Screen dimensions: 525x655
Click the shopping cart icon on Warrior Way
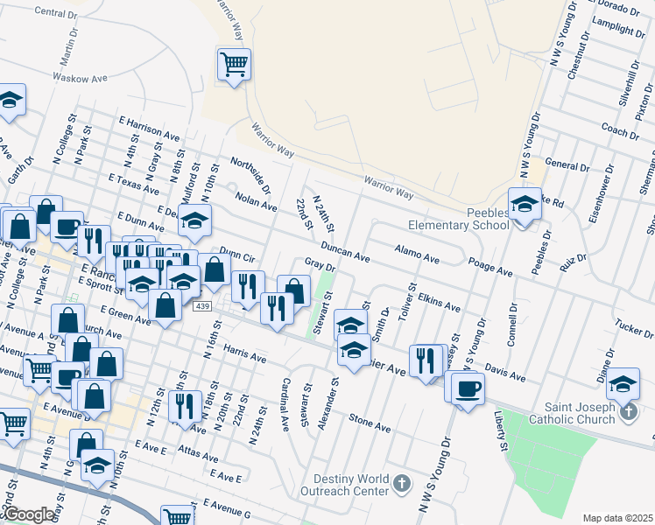[x=234, y=63]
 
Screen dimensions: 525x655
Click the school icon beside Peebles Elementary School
[x=525, y=205]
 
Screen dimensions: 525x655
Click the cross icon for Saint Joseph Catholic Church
[x=628, y=412]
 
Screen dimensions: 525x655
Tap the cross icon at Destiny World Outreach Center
[x=401, y=483]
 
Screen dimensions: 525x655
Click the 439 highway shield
[x=202, y=305]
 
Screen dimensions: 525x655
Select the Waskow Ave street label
[x=80, y=78]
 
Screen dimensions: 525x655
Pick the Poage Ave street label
[x=489, y=267]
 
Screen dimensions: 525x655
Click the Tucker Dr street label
[x=635, y=329]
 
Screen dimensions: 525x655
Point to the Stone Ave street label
[x=370, y=423]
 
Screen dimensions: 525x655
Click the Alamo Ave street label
[x=417, y=254]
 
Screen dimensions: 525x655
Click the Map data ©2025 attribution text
[x=618, y=518]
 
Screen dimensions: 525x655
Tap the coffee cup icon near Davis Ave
[x=467, y=388]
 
